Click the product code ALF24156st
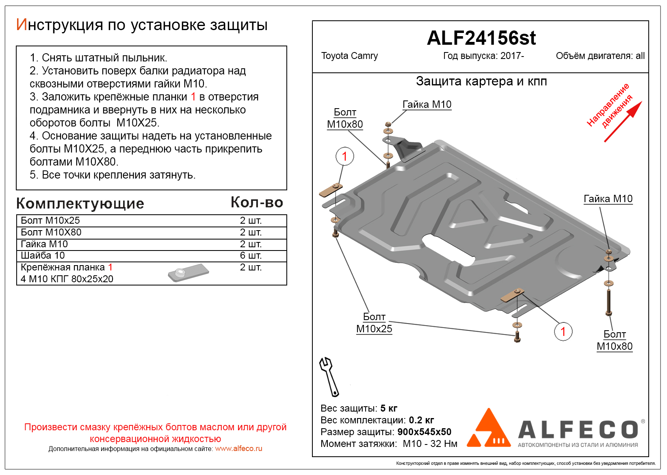481,38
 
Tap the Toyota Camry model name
349,56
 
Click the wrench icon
329,377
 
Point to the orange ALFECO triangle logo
489,429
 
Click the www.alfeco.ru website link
238,449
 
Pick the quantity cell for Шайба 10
250,255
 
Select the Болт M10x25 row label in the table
50,220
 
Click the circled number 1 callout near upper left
344,156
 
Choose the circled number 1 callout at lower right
563,331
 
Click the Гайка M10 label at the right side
608,199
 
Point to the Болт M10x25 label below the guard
374,323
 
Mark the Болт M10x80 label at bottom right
614,340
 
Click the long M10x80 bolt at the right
609,301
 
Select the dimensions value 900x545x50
424,432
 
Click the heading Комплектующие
80,203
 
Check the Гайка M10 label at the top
427,105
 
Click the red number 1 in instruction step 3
193,97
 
